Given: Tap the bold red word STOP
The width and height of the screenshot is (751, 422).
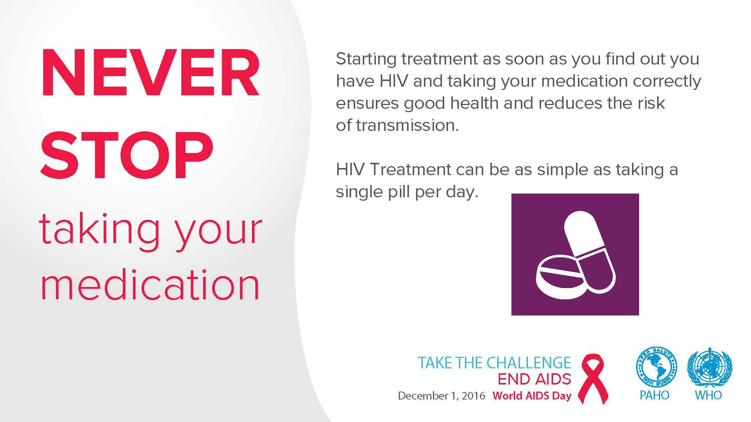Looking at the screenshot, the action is coord(127,156).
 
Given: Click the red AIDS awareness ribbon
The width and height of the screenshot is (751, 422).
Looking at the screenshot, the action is coord(593,379).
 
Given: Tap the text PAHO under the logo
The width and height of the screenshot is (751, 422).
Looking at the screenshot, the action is coord(654,395).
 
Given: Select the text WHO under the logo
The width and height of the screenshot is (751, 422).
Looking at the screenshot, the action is coord(709,395).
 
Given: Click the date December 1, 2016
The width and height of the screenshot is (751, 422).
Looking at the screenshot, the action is coord(442,396).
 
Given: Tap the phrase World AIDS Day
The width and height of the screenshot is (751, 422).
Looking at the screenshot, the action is coord(532,396).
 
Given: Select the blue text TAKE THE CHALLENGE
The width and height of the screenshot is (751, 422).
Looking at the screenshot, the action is coord(494,363).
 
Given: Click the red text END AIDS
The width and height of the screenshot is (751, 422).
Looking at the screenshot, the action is coord(534,379).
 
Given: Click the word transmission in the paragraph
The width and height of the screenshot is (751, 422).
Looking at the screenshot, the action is coord(407,126).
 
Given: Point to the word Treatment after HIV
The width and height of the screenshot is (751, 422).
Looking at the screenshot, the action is coord(410,170).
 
